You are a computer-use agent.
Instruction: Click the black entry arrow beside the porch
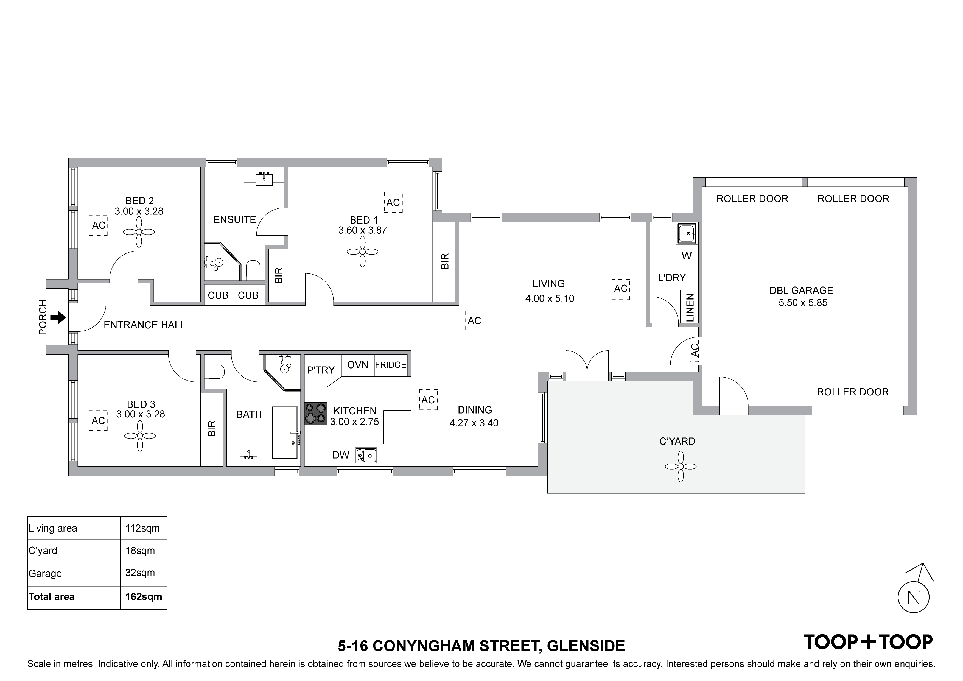pyautogui.click(x=58, y=318)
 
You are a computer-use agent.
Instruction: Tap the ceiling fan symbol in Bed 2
pyautogui.click(x=139, y=232)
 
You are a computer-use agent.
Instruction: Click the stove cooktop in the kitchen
pyautogui.click(x=315, y=414)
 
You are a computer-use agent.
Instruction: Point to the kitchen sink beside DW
pyautogui.click(x=366, y=455)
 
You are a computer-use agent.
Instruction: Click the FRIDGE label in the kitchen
pyautogui.click(x=390, y=365)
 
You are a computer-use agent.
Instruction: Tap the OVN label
pyautogui.click(x=358, y=365)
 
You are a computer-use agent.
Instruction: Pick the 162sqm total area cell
pyautogui.click(x=144, y=597)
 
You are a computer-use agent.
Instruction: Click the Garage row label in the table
pyautogui.click(x=45, y=574)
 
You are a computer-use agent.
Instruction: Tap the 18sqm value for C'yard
pyautogui.click(x=140, y=551)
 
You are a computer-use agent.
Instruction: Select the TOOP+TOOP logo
pyautogui.click(x=868, y=642)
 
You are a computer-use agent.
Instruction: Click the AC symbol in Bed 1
pyautogui.click(x=393, y=203)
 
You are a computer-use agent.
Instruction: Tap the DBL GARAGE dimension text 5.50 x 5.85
pyautogui.click(x=803, y=303)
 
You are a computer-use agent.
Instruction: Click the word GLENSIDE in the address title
pyautogui.click(x=586, y=646)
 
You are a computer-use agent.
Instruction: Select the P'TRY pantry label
pyautogui.click(x=321, y=370)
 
